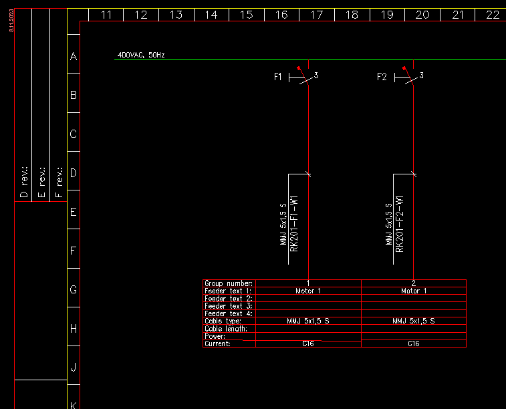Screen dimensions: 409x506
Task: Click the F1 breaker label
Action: (x=278, y=77)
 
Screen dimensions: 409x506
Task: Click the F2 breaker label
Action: (x=382, y=77)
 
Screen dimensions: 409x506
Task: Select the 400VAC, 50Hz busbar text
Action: (x=141, y=55)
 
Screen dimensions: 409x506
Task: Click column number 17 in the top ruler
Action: (x=317, y=15)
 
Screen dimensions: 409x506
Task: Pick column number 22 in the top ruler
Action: (x=493, y=15)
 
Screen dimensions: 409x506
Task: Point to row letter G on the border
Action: (x=74, y=290)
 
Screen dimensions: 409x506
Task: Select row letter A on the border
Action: (x=74, y=57)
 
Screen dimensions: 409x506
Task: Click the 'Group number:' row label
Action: (x=229, y=283)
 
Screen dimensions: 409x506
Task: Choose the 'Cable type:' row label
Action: (x=223, y=321)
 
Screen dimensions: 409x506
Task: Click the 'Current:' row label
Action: (x=218, y=344)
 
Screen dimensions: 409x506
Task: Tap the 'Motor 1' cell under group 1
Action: (x=308, y=291)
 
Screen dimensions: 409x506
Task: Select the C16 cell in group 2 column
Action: (x=414, y=344)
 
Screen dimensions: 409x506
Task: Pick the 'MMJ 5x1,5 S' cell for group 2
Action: (x=414, y=321)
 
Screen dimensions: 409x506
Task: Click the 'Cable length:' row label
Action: (x=226, y=328)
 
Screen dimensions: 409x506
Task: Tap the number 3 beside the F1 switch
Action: (x=316, y=76)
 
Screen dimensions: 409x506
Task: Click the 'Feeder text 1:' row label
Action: (x=228, y=291)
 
